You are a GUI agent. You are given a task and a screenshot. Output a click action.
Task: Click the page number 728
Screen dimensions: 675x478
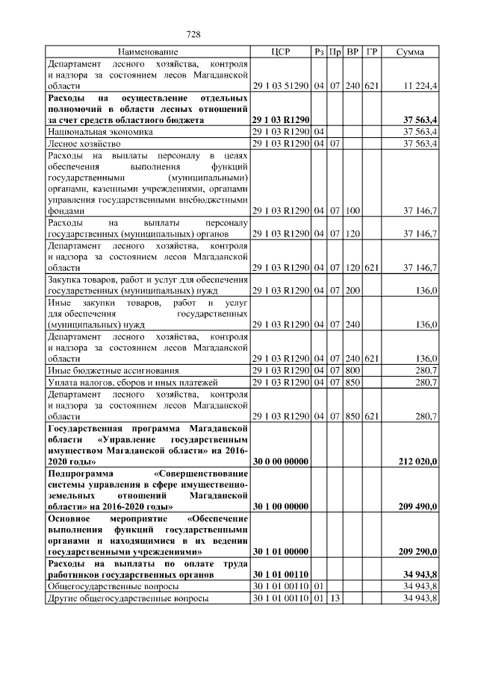click(x=193, y=35)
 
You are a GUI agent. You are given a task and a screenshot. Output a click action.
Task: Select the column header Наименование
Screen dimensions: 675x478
click(x=148, y=52)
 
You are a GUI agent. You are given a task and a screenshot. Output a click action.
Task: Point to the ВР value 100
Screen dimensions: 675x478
click(x=353, y=211)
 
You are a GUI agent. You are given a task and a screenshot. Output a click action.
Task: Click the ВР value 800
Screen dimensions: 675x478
click(x=353, y=370)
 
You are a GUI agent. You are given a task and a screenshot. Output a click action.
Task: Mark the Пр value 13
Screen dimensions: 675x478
click(x=335, y=599)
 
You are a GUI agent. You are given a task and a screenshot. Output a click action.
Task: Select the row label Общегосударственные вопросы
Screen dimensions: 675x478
click(x=113, y=587)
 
